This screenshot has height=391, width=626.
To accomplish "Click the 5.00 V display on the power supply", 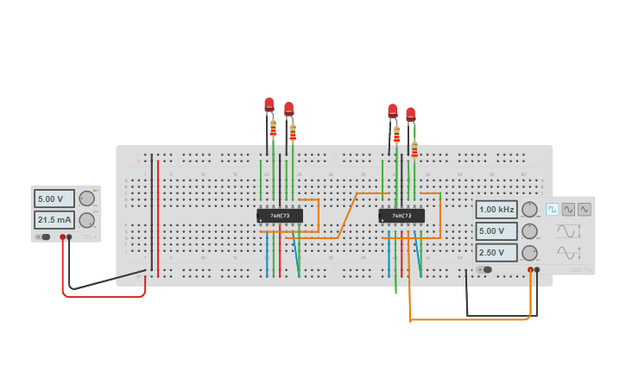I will (54, 199).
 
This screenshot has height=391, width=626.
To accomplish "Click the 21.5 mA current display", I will (54, 220).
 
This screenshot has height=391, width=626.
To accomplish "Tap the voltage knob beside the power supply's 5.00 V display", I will (86, 199).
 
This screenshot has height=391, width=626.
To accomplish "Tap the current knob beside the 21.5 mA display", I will (86, 220).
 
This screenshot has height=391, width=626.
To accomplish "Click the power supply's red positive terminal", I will (62, 236).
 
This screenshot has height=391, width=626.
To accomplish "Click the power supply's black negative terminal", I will (69, 236).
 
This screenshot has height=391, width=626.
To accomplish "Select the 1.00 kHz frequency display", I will (496, 210).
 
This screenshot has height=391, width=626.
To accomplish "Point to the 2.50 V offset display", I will (496, 253).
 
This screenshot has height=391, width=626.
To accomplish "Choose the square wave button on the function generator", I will (552, 209).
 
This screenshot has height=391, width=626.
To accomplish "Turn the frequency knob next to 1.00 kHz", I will (529, 210).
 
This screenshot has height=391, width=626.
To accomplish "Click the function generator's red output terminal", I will (530, 269).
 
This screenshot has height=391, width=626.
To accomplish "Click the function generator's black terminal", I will (537, 269).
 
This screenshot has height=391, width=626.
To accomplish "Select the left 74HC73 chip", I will (280, 216).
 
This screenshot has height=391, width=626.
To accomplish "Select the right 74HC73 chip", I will (402, 216).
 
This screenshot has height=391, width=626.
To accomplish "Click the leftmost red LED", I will (269, 105).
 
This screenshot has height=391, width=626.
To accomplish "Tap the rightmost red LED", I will (411, 114).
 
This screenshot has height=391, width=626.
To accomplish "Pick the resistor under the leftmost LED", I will (274, 129).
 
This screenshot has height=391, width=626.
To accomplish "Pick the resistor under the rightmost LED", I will (414, 150).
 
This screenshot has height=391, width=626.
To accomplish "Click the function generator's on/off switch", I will (485, 269).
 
